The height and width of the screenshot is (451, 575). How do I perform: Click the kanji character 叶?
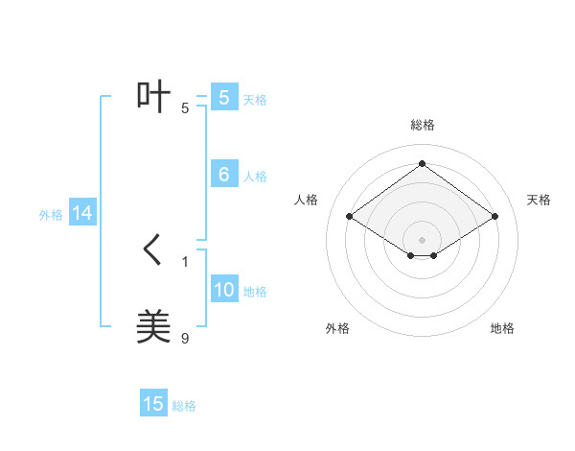click(x=154, y=97)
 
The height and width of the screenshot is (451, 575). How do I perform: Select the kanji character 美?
click(x=154, y=327)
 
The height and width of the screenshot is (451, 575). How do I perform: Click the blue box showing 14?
click(x=82, y=214)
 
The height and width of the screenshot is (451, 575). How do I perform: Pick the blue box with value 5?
click(x=224, y=98)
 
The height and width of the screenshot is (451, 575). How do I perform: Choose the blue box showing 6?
click(x=224, y=175)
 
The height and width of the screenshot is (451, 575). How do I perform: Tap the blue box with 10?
click(x=224, y=290)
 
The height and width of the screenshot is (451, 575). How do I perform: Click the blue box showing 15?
click(x=153, y=404)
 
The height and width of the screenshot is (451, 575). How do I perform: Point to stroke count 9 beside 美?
click(x=185, y=338)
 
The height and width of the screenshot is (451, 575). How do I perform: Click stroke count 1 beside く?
click(x=185, y=261)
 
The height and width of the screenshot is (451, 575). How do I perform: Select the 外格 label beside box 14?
click(x=51, y=215)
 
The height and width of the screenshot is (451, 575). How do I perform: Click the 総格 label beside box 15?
click(x=184, y=406)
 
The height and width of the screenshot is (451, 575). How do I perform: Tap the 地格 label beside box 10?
click(x=255, y=292)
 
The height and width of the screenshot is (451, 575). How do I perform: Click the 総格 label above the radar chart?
click(x=422, y=125)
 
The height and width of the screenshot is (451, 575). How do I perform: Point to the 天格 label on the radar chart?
click(x=539, y=200)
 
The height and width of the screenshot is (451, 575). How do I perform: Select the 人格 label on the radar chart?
click(x=306, y=200)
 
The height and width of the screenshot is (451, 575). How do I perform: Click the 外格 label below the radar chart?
click(x=337, y=329)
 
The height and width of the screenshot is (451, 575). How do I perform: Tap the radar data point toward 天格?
click(x=494, y=217)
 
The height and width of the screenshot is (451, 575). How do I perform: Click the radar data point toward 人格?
click(x=350, y=217)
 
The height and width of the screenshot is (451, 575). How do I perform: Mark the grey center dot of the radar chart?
click(x=422, y=239)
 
